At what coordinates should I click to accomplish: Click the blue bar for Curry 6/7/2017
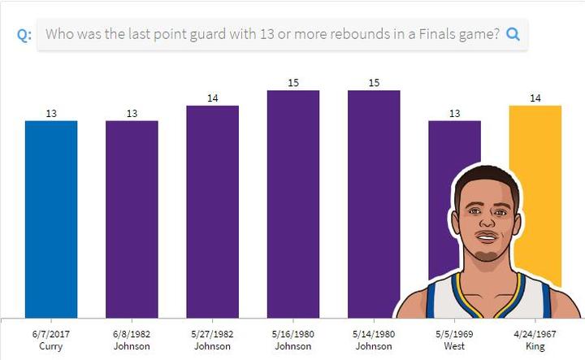tap(51, 219)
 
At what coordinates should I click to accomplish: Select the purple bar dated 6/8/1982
tap(132, 219)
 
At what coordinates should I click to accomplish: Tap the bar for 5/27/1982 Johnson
tap(212, 211)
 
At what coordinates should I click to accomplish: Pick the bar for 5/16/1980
tap(293, 203)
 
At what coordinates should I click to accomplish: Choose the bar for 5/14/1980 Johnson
tap(374, 203)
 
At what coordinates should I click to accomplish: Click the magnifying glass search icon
tap(513, 35)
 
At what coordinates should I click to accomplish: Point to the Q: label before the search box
tap(24, 36)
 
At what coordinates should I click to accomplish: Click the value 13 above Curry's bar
tap(51, 114)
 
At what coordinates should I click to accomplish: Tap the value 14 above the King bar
tap(535, 98)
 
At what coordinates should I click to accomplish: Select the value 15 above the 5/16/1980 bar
tap(293, 83)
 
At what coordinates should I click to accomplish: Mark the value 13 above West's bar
tap(454, 114)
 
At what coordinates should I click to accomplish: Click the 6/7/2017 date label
tap(51, 333)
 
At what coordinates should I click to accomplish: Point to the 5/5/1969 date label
tap(454, 333)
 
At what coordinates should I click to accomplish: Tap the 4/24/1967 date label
tap(535, 333)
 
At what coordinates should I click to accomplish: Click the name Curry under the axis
tap(51, 346)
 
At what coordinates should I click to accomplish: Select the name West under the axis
tap(454, 346)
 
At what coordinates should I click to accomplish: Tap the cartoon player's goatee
tap(486, 258)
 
